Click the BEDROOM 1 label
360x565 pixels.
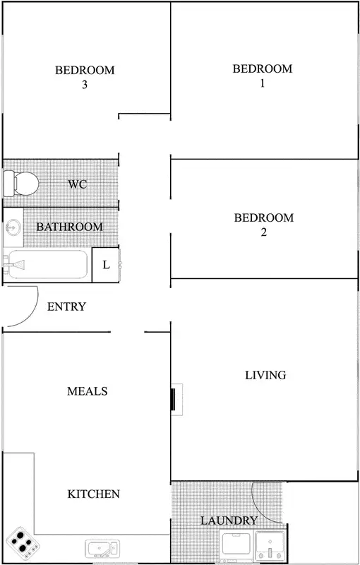[x=262, y=76]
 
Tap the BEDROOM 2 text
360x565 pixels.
[x=263, y=225]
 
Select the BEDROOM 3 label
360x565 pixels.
[x=85, y=77]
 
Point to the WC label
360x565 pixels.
[x=78, y=184]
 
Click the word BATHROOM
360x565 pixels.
[x=69, y=227]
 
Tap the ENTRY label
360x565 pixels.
[x=66, y=307]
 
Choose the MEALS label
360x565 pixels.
[x=88, y=391]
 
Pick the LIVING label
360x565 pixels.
[x=265, y=375]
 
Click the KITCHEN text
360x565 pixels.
[x=93, y=494]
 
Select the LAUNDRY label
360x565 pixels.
[x=229, y=521]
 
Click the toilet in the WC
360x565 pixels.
[x=20, y=184]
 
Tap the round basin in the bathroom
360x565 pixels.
[x=13, y=227]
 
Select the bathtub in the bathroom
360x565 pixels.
[x=47, y=265]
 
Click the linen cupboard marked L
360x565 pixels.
[x=106, y=265]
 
